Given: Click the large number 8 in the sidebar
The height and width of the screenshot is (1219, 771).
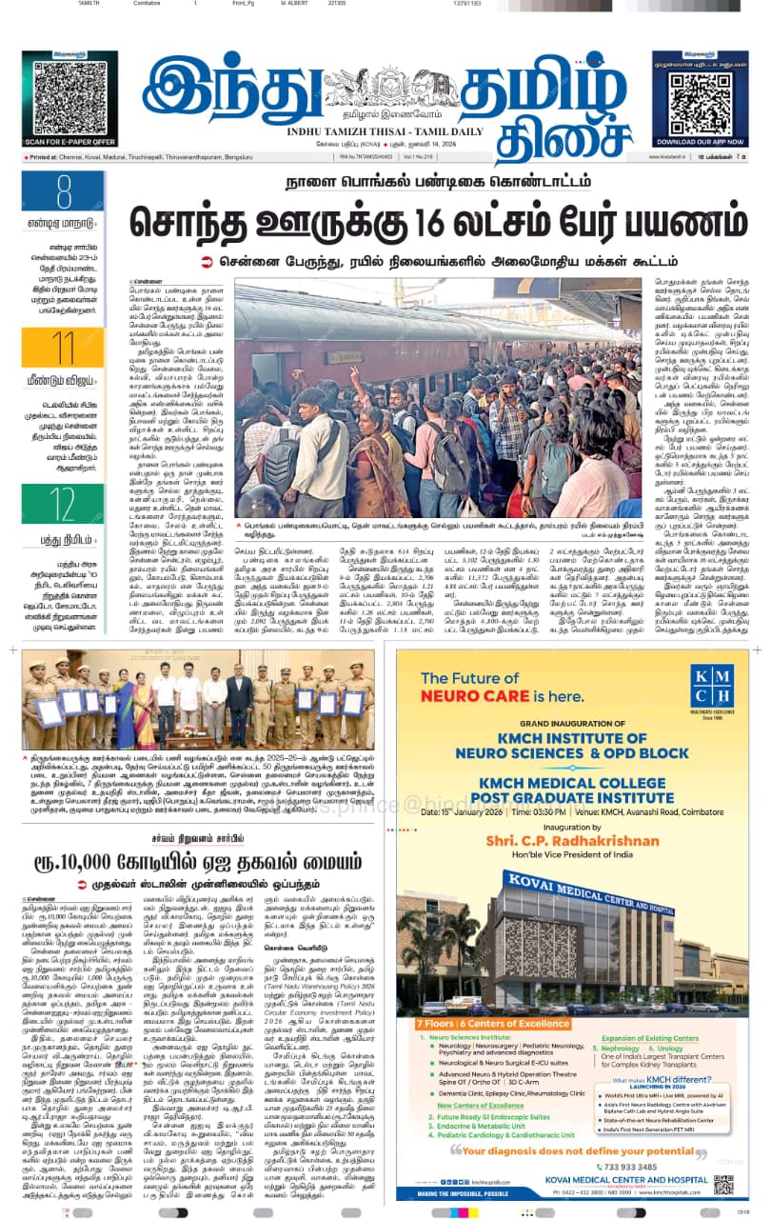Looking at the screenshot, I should [64, 192].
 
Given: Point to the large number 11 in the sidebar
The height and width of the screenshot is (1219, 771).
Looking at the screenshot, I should [63, 348].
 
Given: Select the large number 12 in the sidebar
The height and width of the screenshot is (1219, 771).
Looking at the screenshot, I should [63, 505].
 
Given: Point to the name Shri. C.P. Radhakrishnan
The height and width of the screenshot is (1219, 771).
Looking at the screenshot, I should [571, 869].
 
